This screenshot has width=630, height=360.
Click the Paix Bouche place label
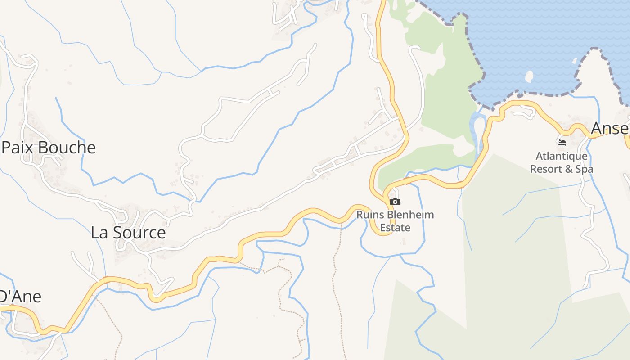tap(49, 148)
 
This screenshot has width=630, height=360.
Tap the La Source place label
tap(128, 233)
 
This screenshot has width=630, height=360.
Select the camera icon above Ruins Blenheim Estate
tap(395, 202)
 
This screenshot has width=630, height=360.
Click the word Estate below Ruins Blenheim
tap(395, 228)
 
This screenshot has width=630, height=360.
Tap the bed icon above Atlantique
tap(561, 143)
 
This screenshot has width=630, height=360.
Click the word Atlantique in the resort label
tap(561, 157)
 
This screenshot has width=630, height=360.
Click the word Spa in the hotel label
tap(585, 169)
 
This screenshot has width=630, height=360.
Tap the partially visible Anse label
tap(610, 129)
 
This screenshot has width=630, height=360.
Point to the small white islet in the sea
tap(529, 76)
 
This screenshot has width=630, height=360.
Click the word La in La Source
tap(99, 233)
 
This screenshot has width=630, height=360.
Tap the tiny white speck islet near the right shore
tap(575, 61)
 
